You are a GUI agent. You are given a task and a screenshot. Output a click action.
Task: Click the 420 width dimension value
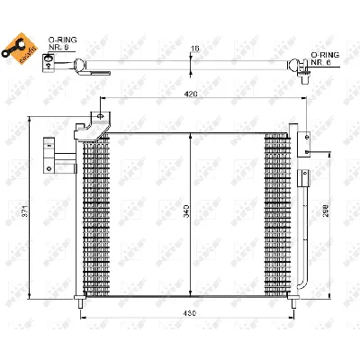tap(191, 92)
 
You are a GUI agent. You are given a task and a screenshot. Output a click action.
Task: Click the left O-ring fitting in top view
tap(81, 64)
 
